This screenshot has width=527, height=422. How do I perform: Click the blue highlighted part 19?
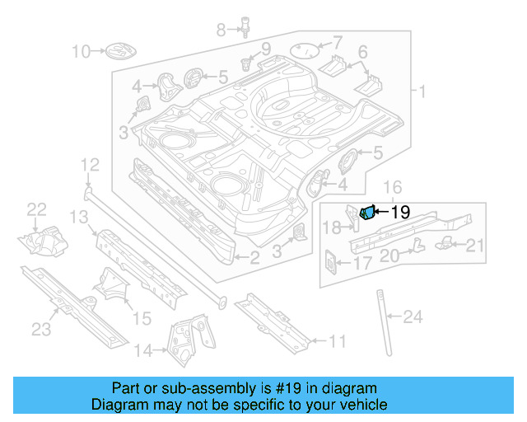(x=368, y=213)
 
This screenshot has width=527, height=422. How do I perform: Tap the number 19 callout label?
(x=400, y=212)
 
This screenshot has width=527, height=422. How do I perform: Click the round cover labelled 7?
(x=306, y=49)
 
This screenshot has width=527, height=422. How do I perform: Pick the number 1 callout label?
(x=422, y=91)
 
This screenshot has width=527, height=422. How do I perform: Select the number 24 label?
(x=413, y=316)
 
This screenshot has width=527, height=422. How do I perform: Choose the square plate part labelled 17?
(x=330, y=261)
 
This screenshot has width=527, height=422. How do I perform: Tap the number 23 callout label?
(x=42, y=330)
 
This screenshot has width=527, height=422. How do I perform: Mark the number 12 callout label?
(x=89, y=167)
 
